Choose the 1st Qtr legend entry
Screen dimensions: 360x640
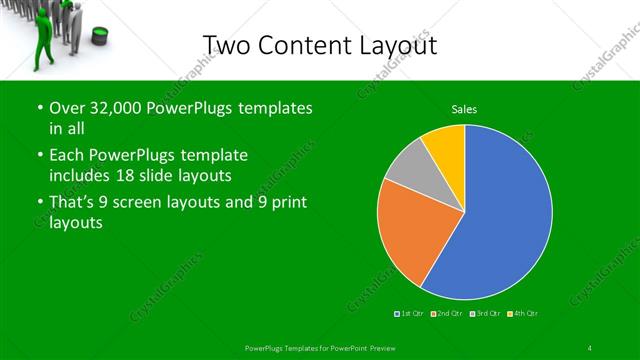(x=409, y=314)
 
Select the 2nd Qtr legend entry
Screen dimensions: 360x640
(x=448, y=314)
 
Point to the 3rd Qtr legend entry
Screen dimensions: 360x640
(x=486, y=314)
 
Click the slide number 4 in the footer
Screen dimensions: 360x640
(x=589, y=347)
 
